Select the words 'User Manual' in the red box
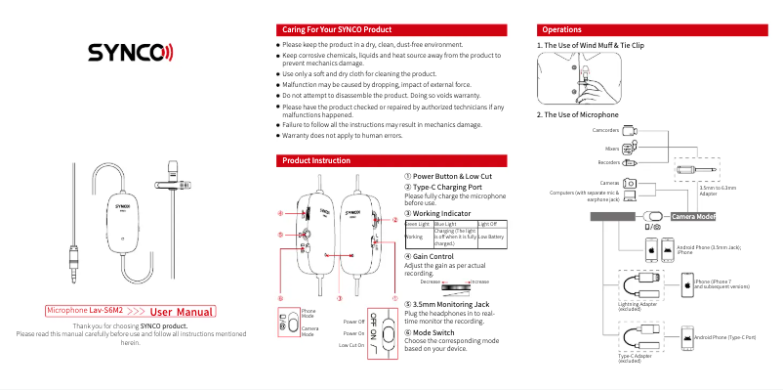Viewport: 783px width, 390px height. tap(182, 312)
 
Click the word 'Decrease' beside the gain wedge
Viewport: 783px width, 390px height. tap(433, 281)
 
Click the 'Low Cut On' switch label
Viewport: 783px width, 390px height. tap(350, 345)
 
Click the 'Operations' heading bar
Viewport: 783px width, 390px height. tap(562, 30)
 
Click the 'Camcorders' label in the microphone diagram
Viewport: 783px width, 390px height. tap(605, 129)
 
